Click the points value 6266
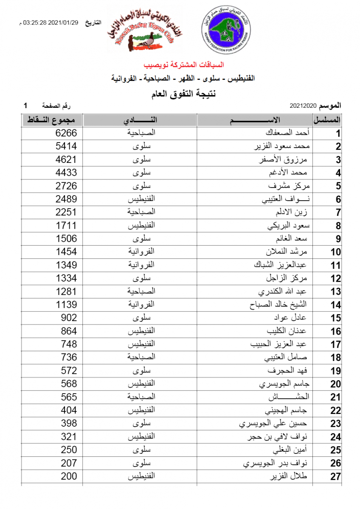pos(67,133)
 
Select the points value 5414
pos(67,146)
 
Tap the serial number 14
pos(336,305)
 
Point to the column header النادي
pos(141,120)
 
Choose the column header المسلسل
pos(327,120)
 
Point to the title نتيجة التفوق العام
pos(183,94)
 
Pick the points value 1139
pos(67,305)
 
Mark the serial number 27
pos(336,477)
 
